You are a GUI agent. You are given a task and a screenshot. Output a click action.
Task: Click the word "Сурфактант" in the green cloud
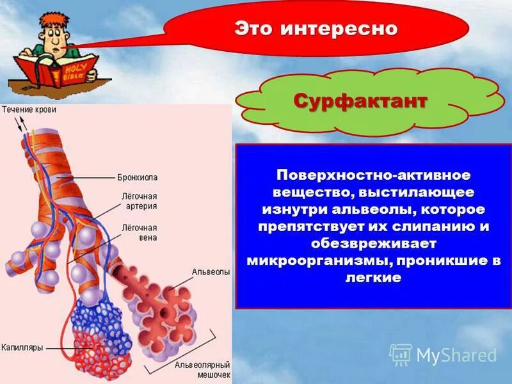tap(360, 101)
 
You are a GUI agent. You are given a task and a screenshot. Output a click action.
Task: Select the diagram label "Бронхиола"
tap(137, 177)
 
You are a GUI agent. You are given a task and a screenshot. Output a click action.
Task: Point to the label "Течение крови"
tap(29, 109)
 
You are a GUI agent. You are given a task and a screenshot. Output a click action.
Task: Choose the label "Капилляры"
tap(22, 348)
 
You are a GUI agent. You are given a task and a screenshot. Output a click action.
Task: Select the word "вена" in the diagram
tap(129, 237)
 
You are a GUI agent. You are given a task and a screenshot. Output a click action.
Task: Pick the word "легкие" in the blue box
tap(373, 278)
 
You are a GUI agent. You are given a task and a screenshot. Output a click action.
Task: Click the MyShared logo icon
tap(400, 355)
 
